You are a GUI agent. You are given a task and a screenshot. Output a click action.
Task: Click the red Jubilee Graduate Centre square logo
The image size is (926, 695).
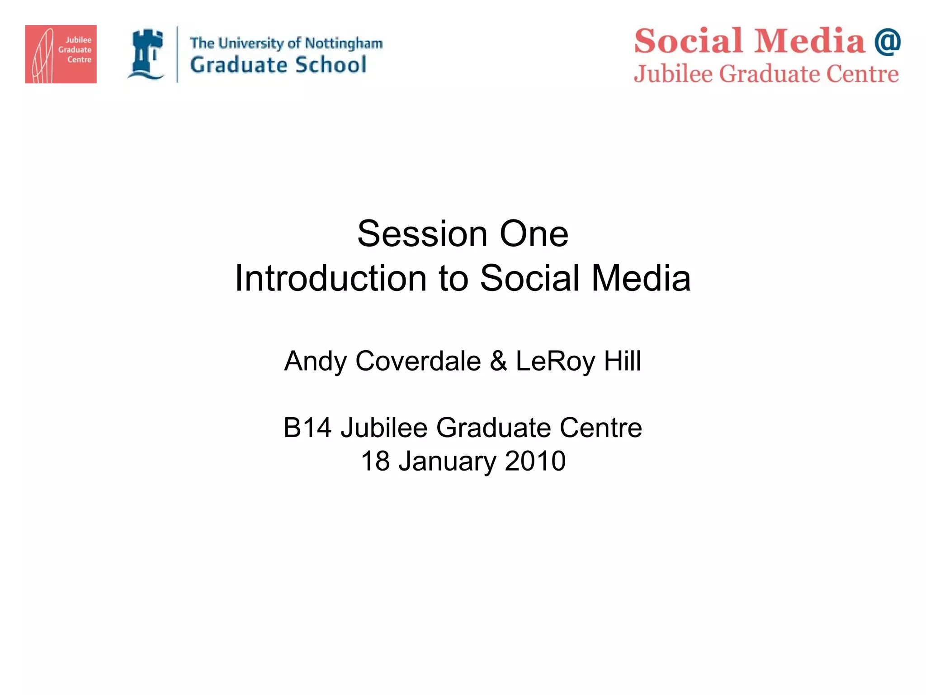click(x=61, y=54)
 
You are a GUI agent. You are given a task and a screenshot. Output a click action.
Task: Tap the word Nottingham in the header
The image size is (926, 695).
click(x=344, y=43)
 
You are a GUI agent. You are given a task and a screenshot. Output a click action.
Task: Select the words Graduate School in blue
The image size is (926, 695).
click(x=278, y=65)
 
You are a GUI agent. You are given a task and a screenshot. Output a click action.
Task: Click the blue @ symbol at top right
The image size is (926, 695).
click(x=887, y=42)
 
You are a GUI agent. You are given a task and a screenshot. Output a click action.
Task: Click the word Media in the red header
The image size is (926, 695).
click(x=809, y=41)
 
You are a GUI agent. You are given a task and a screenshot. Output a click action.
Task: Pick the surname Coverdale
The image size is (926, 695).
click(x=418, y=361)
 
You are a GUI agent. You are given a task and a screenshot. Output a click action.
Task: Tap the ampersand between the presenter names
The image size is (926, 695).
click(x=498, y=361)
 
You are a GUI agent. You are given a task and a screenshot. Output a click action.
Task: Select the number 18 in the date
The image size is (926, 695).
click(x=375, y=461)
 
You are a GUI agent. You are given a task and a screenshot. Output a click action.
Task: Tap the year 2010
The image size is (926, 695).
click(x=535, y=461)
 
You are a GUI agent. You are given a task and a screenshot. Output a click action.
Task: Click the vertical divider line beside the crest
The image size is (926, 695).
click(x=177, y=54)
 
